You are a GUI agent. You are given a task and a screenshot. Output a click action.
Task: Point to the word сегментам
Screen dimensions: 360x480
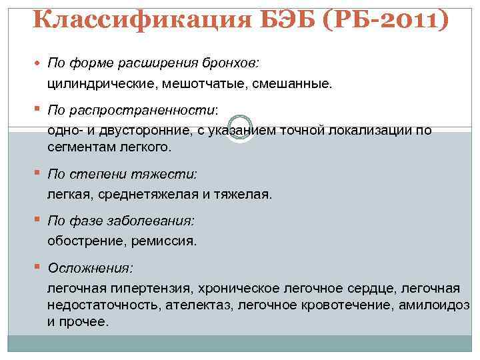tap(77, 146)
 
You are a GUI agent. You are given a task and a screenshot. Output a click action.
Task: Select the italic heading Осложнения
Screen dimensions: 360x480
tap(90, 267)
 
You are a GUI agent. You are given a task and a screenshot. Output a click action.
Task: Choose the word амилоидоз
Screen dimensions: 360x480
tap(434, 305)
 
